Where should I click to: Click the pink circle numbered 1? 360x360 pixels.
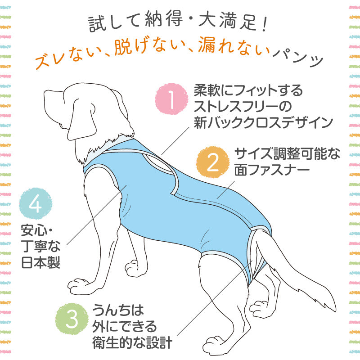tap(171, 99)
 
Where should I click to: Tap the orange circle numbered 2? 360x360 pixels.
tap(213, 162)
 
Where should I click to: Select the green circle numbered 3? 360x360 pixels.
tap(72, 319)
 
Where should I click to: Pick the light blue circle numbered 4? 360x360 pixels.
tap(36, 203)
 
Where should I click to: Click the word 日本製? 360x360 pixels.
tap(40, 263)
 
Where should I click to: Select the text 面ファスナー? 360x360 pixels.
tap(272, 170)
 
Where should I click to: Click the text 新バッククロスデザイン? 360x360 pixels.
tap(263, 122)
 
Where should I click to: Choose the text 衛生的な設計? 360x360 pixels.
tap(132, 343)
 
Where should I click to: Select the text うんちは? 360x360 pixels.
tap(118, 310)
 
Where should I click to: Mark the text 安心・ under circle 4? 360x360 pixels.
tap(37, 230)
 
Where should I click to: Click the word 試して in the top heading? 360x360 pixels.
tap(114, 22)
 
